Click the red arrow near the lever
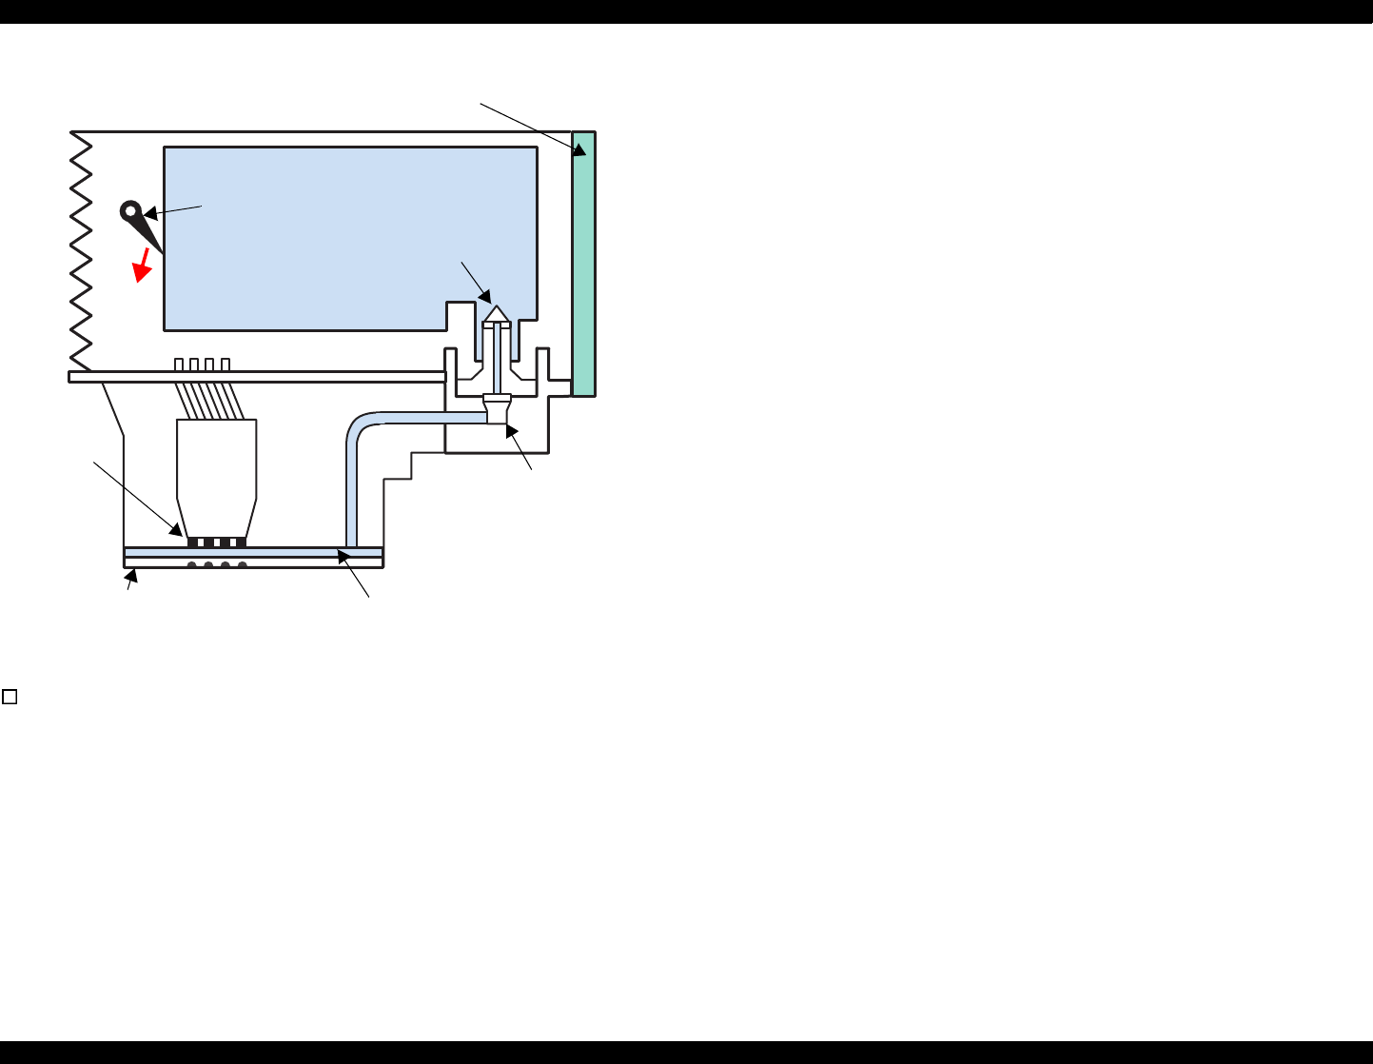click(x=143, y=266)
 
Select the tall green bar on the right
click(x=583, y=264)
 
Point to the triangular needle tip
click(x=497, y=314)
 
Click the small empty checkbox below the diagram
click(x=10, y=697)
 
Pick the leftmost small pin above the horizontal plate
click(x=179, y=365)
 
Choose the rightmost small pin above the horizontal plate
click(x=226, y=365)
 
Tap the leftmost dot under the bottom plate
click(x=192, y=566)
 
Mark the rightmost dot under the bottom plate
click(x=243, y=566)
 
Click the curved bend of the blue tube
click(x=356, y=424)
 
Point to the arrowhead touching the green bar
click(x=579, y=149)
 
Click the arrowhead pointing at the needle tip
click(x=486, y=297)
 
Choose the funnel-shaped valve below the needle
click(x=497, y=409)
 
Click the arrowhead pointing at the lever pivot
click(x=149, y=215)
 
